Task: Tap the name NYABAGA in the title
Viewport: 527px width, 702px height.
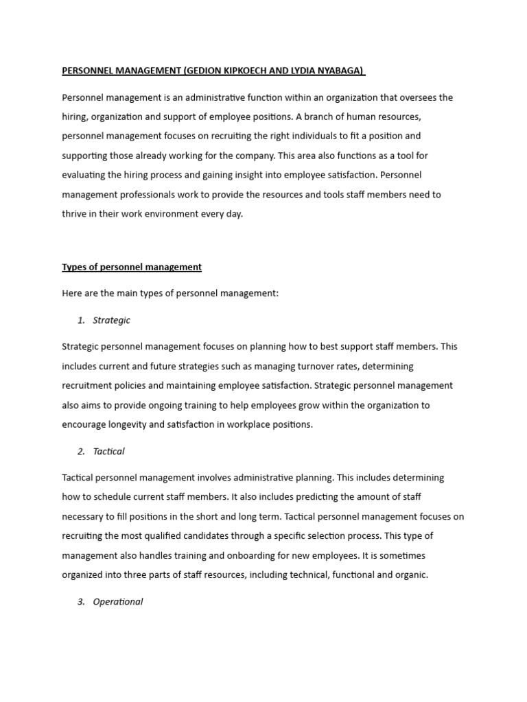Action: pos(338,71)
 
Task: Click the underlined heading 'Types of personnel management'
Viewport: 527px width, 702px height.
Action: pos(132,267)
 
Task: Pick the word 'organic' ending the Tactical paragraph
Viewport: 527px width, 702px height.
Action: pos(410,574)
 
